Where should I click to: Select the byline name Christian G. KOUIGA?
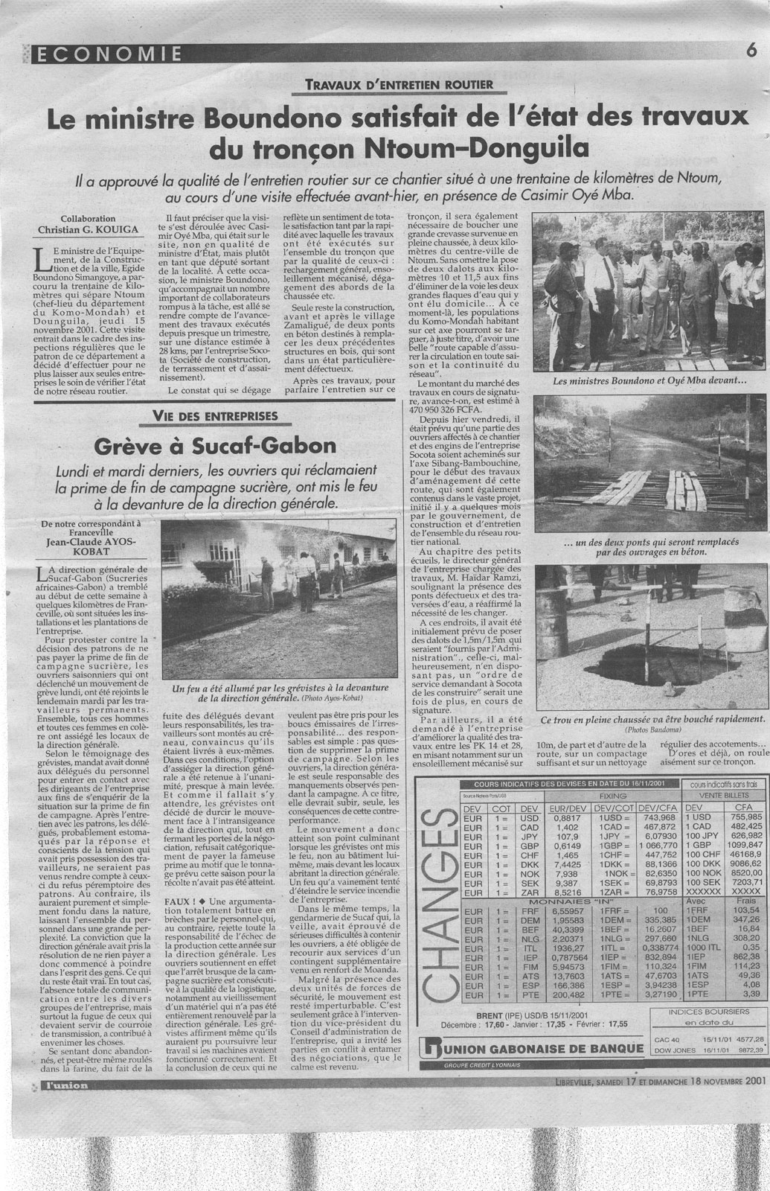pos(89,229)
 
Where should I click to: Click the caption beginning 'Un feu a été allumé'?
pos(271,695)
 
